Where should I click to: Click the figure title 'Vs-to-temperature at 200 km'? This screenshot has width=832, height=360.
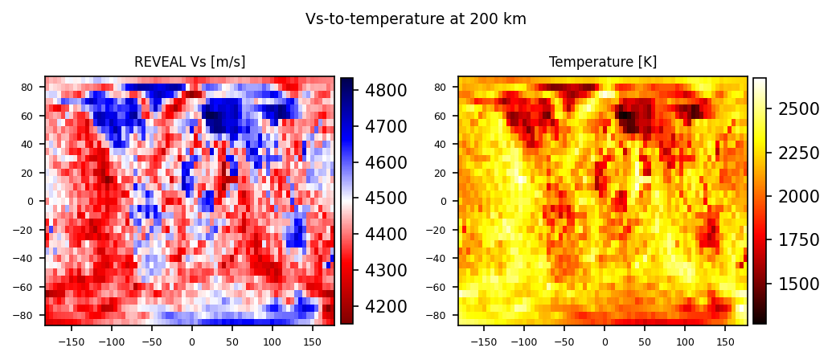(x=416, y=19)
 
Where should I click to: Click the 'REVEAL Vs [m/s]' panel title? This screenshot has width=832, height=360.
(x=190, y=63)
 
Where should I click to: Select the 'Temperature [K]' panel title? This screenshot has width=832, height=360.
(x=602, y=63)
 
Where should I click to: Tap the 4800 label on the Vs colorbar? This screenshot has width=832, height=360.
(x=386, y=90)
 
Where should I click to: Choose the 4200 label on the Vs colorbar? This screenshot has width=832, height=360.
(x=386, y=307)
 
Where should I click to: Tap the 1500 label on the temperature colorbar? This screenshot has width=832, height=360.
(x=798, y=284)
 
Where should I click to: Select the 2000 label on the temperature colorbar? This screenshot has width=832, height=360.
(x=798, y=196)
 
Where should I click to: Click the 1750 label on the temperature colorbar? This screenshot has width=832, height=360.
(x=798, y=239)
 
